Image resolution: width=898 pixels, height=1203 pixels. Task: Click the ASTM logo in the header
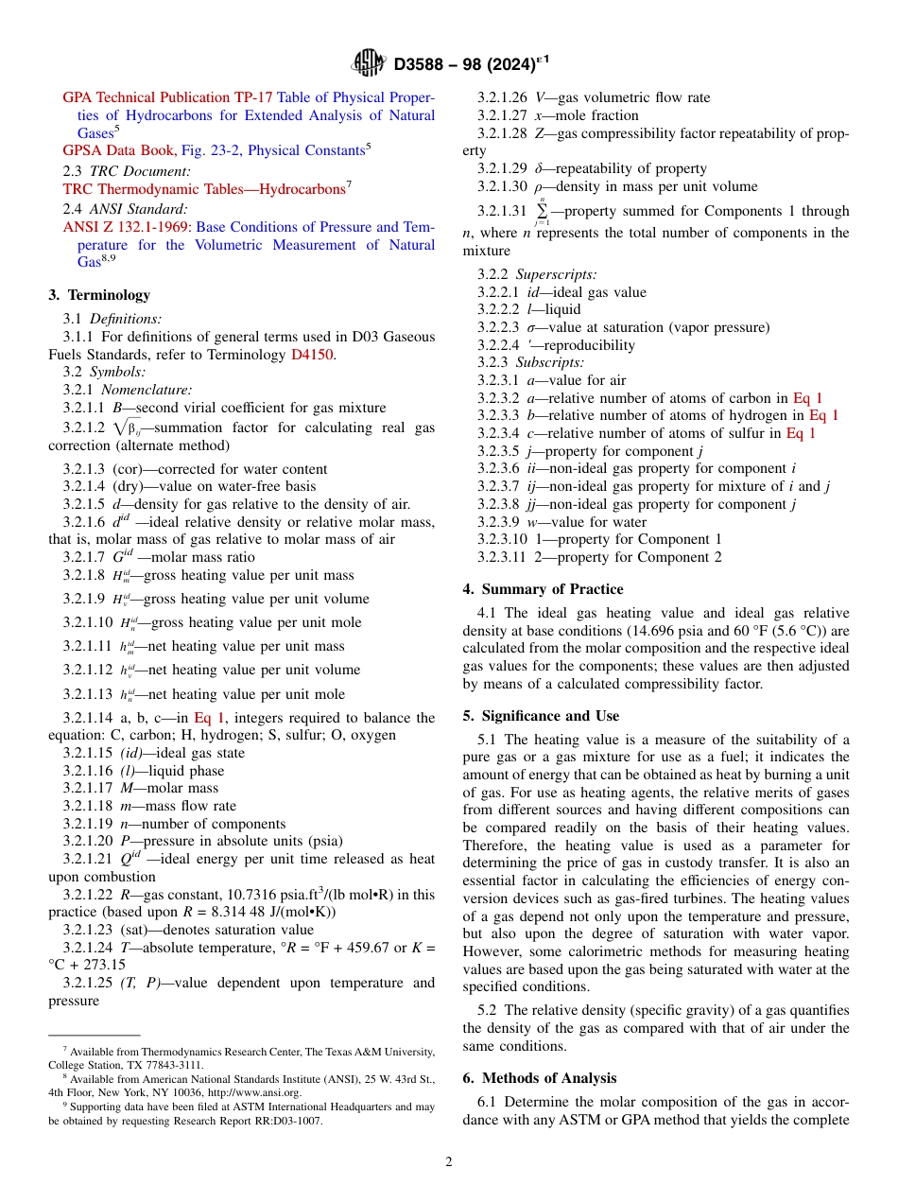pyautogui.click(x=368, y=63)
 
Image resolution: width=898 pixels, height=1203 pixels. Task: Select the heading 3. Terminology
pyautogui.click(x=99, y=295)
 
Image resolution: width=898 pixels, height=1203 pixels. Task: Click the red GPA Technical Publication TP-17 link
pyautogui.click(x=167, y=97)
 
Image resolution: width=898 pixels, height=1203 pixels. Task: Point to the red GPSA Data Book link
pyautogui.click(x=118, y=150)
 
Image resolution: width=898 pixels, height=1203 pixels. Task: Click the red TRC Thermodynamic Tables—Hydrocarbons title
pyautogui.click(x=203, y=189)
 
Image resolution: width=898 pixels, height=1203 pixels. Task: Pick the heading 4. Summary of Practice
pyautogui.click(x=543, y=589)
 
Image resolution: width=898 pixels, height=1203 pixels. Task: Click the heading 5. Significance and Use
pyautogui.click(x=541, y=716)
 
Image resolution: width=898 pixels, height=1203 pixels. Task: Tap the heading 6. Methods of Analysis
pyautogui.click(x=539, y=1078)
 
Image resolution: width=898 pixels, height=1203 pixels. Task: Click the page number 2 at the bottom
pyautogui.click(x=449, y=1162)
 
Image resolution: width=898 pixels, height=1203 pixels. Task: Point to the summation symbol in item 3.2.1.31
pyautogui.click(x=542, y=211)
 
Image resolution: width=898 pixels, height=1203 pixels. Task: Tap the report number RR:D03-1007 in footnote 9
pyautogui.click(x=284, y=1121)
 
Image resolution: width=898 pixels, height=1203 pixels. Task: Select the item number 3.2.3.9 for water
pyautogui.click(x=498, y=522)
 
